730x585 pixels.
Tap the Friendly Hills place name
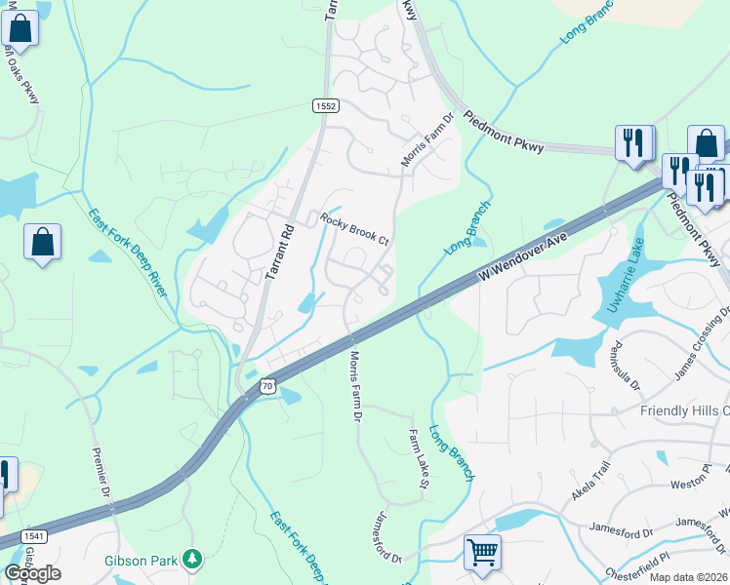tap(684, 410)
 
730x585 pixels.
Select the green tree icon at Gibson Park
tap(194, 559)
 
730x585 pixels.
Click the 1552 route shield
tap(325, 105)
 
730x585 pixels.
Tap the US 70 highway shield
tap(267, 386)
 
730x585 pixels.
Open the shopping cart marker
tap(482, 553)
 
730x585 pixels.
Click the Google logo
tap(32, 573)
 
